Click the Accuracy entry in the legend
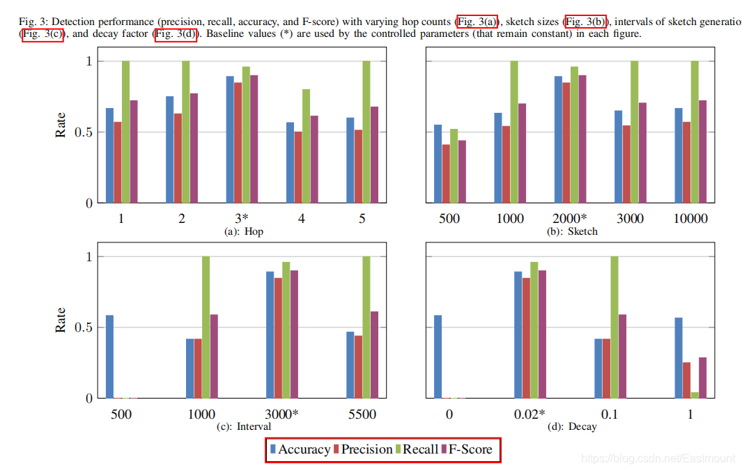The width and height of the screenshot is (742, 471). coord(300,449)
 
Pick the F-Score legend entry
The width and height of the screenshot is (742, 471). coord(467,449)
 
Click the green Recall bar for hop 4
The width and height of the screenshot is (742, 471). coord(306,146)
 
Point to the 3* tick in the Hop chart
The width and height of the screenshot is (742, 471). coord(242,219)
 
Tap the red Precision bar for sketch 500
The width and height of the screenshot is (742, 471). coord(446,173)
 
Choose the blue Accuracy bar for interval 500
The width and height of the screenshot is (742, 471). coord(109,356)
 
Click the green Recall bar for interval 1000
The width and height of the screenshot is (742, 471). coord(206,327)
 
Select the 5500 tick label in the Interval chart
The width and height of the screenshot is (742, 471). coord(362,415)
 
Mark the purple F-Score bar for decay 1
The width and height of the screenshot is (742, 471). coord(703,378)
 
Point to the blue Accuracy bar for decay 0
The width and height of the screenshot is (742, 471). coord(438,356)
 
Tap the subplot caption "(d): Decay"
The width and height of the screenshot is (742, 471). coord(573,426)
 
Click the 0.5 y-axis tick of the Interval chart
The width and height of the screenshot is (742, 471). coord(85,327)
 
